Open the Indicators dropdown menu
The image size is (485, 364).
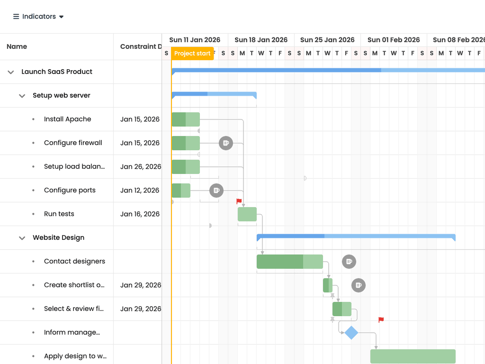click(38, 17)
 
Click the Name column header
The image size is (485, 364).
click(17, 46)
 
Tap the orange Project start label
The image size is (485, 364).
click(192, 53)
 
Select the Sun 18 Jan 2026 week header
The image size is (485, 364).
click(261, 40)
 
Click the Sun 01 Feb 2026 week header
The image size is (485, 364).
click(394, 40)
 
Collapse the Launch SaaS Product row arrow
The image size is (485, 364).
click(11, 72)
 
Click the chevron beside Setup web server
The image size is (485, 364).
click(22, 96)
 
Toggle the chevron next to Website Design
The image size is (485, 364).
click(22, 238)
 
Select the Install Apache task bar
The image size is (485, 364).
click(186, 119)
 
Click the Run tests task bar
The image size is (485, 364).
click(247, 214)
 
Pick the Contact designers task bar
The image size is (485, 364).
click(290, 262)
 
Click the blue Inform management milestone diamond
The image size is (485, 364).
click(351, 333)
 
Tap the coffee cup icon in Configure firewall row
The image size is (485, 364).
click(226, 143)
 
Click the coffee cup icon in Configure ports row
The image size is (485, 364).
click(216, 191)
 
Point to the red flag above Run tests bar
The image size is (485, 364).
click(239, 201)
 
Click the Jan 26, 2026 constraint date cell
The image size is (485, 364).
click(141, 166)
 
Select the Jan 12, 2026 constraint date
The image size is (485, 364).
click(140, 191)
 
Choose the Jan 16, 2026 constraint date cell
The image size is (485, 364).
click(140, 214)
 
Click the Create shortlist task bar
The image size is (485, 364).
click(328, 285)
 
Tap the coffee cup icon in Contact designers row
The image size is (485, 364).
click(349, 262)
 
